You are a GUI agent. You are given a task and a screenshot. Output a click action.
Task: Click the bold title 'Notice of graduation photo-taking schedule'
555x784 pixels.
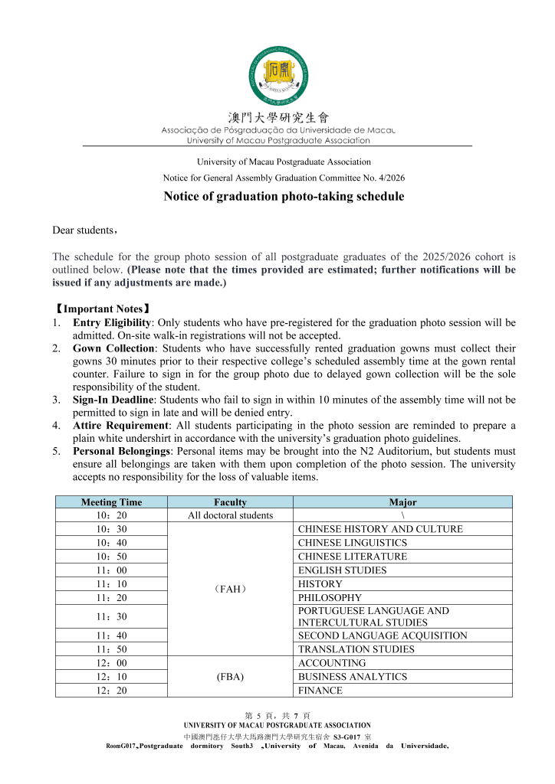coord(284,197)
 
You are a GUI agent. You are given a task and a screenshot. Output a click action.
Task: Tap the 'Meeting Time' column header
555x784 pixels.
coord(111,502)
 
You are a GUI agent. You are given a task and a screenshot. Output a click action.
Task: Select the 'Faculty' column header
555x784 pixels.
coord(230,502)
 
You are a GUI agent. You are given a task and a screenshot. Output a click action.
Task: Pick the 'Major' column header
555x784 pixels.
coord(402,502)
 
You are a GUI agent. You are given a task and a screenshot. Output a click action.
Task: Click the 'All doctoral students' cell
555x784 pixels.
coord(230,515)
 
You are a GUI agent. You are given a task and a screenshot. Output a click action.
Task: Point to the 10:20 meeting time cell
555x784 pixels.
coord(111,515)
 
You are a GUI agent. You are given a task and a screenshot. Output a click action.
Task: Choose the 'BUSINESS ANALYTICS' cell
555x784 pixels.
coord(342,677)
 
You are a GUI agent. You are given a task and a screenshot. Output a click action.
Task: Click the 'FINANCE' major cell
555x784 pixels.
coord(320,691)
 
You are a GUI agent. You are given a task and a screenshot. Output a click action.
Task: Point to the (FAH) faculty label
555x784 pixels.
coord(230,590)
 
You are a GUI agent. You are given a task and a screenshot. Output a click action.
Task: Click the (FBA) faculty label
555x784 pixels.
coord(230,677)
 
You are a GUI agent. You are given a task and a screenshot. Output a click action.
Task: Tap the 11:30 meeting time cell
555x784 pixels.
coord(111,616)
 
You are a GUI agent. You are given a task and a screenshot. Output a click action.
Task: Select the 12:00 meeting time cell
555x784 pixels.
coord(111,663)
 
